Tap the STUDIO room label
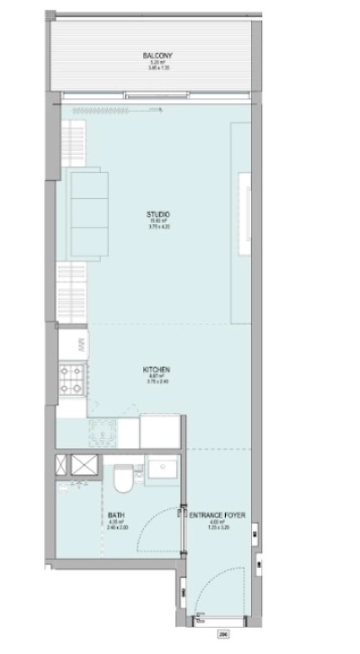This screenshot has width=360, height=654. tap(158, 213)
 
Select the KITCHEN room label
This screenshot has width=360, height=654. tap(157, 370)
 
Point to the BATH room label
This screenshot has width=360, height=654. tap(115, 515)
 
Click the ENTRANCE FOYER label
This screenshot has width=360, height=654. tap(217, 515)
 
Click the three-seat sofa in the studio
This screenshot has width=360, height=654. tap(84, 213)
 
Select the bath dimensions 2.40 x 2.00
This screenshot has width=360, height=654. tap(115, 528)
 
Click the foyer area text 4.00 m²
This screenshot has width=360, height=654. tap(217, 522)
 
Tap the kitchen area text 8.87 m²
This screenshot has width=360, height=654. tap(157, 376)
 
